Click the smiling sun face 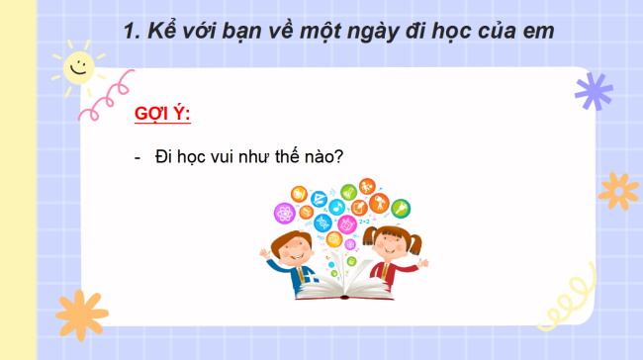pyautogui.click(x=76, y=67)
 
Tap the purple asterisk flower pyautogui.click(x=594, y=90)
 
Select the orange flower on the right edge pyautogui.click(x=619, y=190)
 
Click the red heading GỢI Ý pyautogui.click(x=161, y=115)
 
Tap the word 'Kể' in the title pyautogui.click(x=163, y=31)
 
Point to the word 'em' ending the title pyautogui.click(x=537, y=31)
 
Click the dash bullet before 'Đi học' pyautogui.click(x=137, y=158)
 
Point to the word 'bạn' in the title pyautogui.click(x=248, y=31)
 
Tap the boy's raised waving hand pyautogui.click(x=264, y=252)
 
